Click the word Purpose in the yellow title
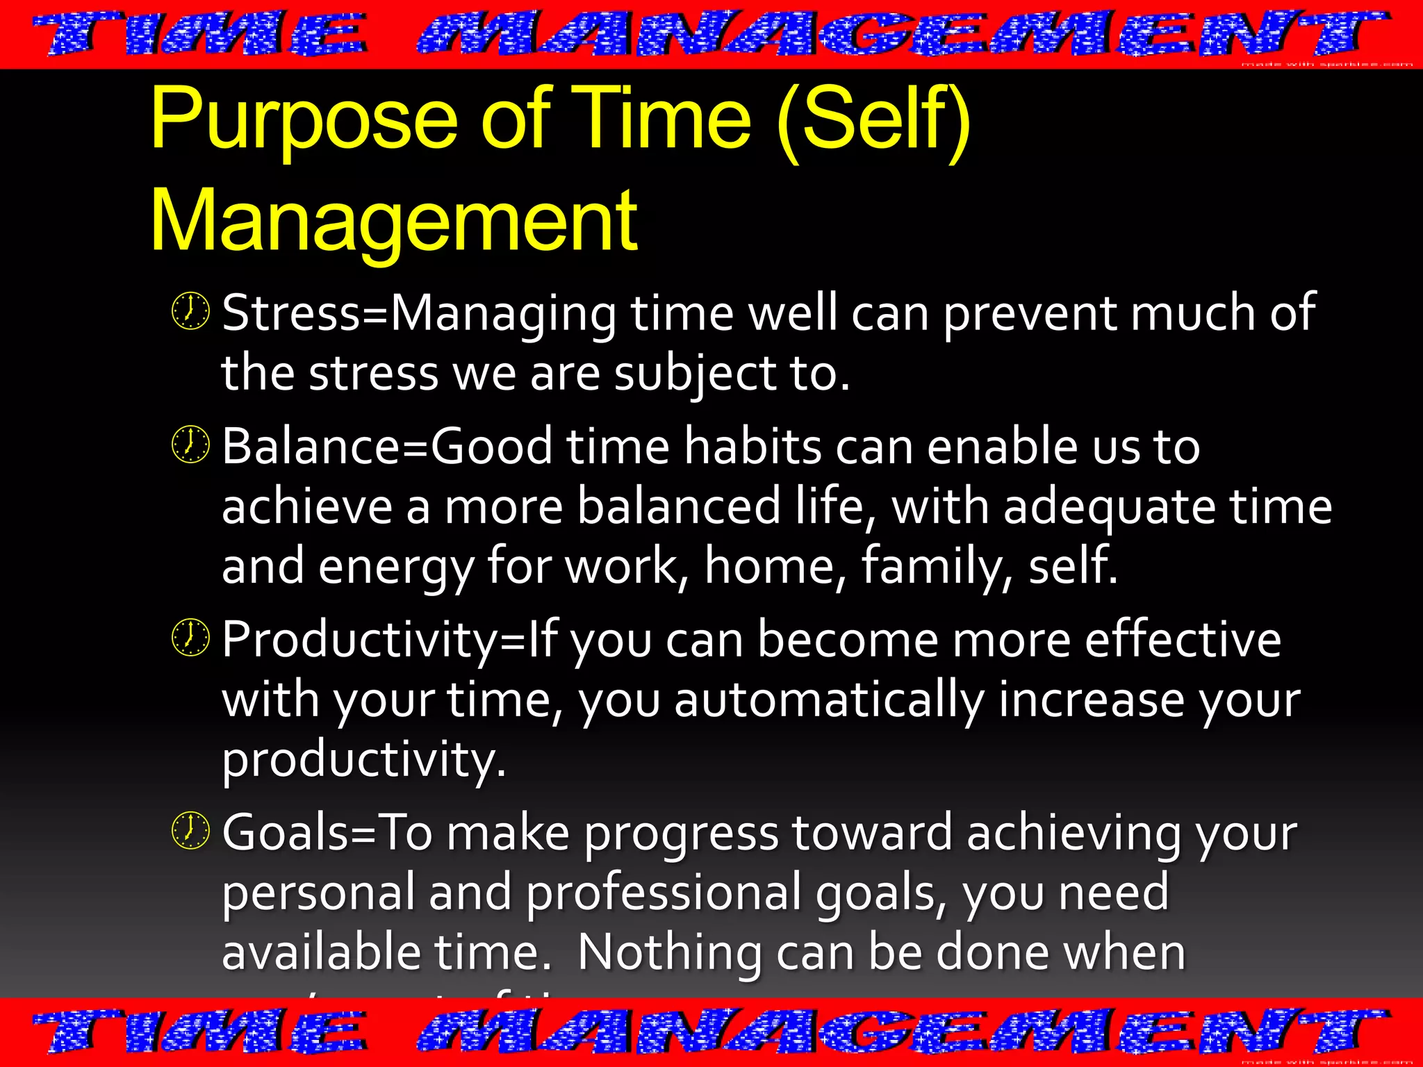(304, 119)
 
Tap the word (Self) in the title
(873, 119)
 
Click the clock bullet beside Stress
(190, 311)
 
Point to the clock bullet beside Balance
(190, 445)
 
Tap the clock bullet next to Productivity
(190, 638)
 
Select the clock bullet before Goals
(190, 831)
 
